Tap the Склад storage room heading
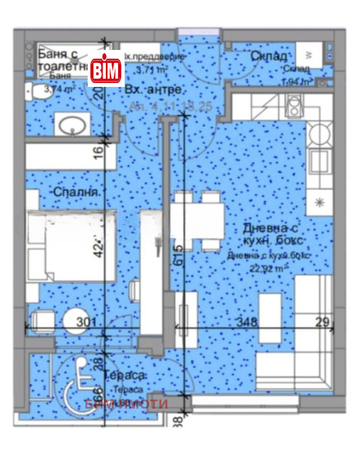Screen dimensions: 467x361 pos(268,56)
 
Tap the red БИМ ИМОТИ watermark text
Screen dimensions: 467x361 pos(127,404)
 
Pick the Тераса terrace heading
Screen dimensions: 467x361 pos(127,377)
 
